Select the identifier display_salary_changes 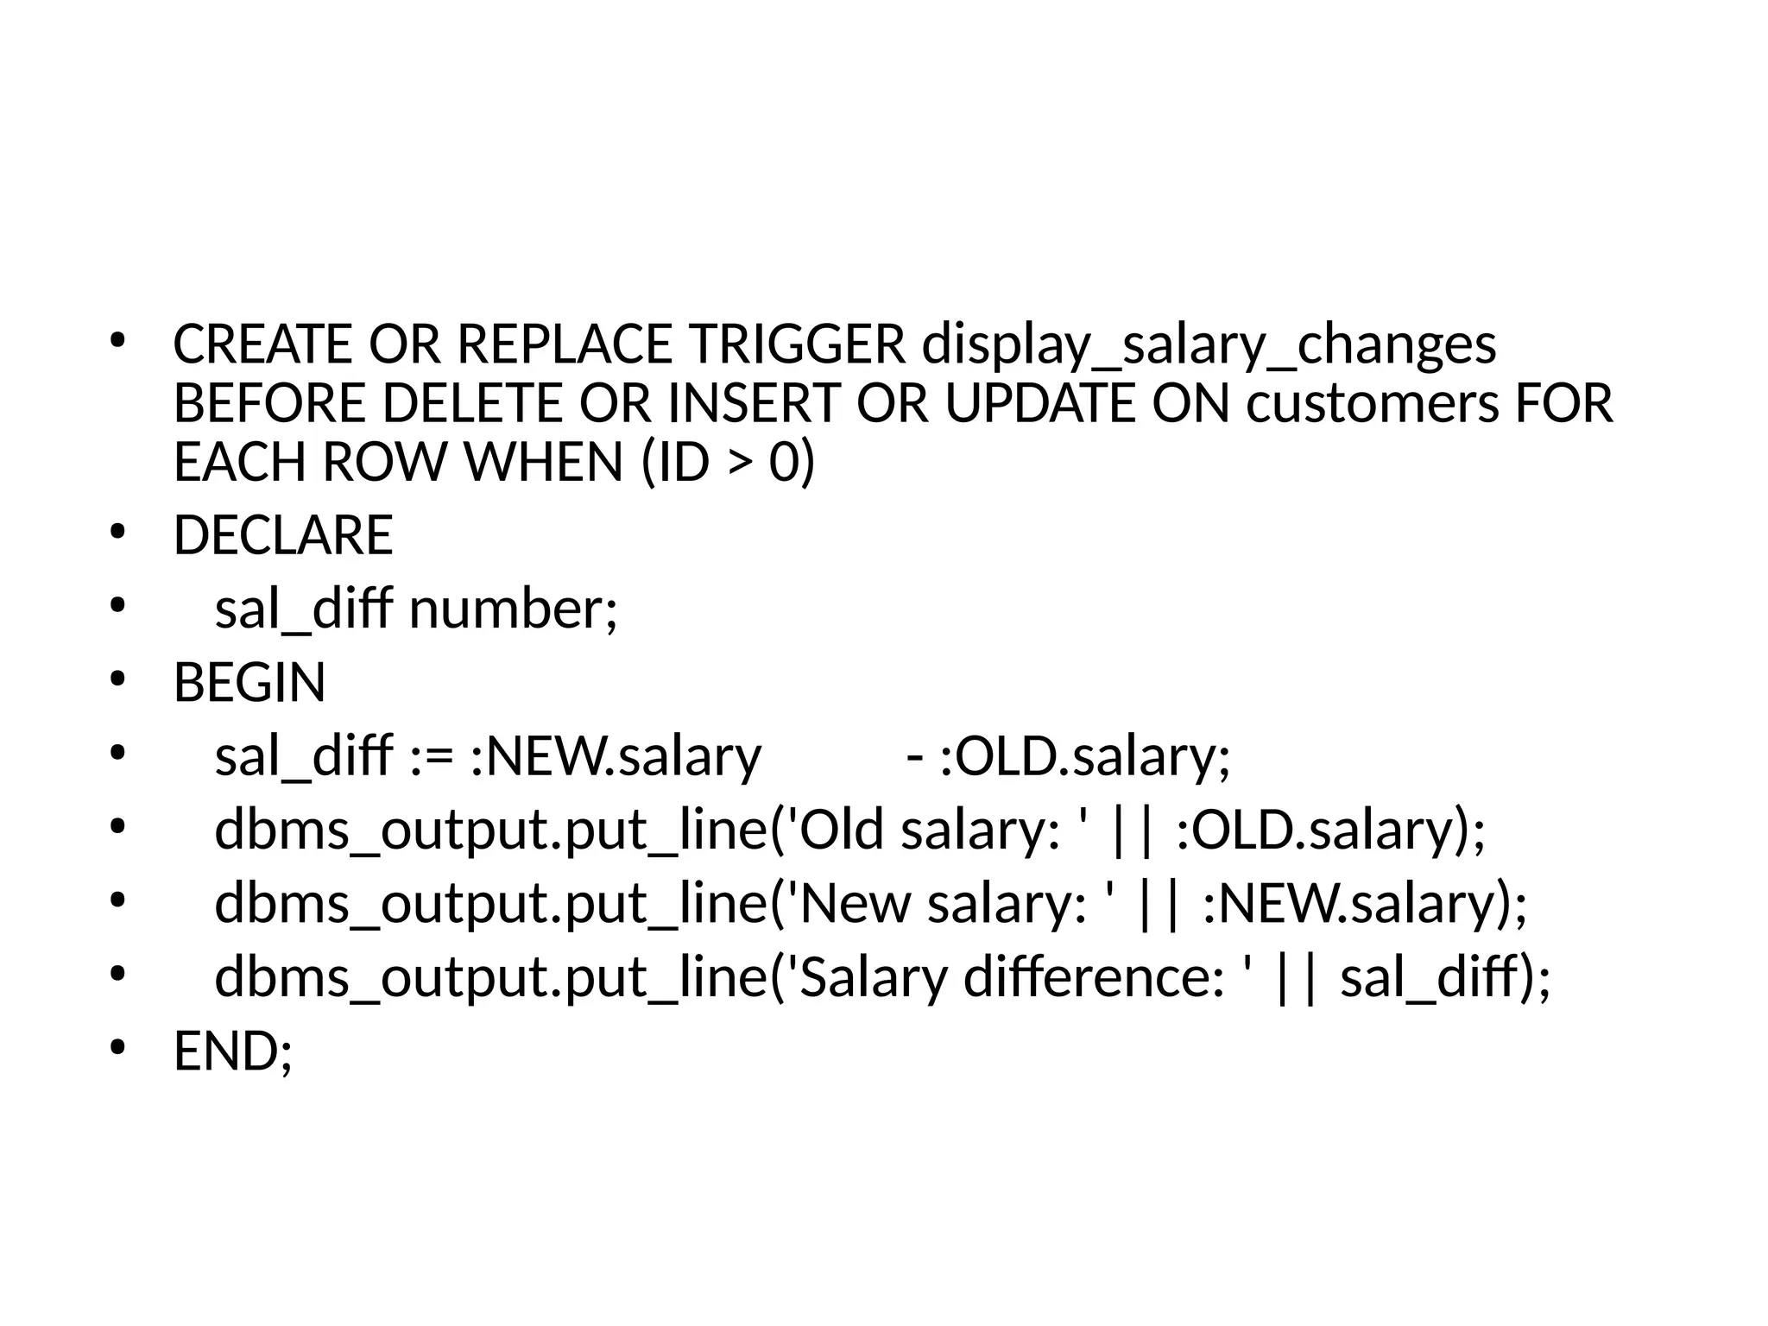pyautogui.click(x=1209, y=344)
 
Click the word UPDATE pyautogui.click(x=1039, y=403)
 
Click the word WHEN pyautogui.click(x=544, y=462)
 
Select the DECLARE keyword pyautogui.click(x=283, y=535)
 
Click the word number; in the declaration pyautogui.click(x=514, y=609)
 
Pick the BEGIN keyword pyautogui.click(x=249, y=683)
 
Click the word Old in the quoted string pyautogui.click(x=842, y=830)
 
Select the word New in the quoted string pyautogui.click(x=856, y=904)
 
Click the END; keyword pyautogui.click(x=233, y=1051)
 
